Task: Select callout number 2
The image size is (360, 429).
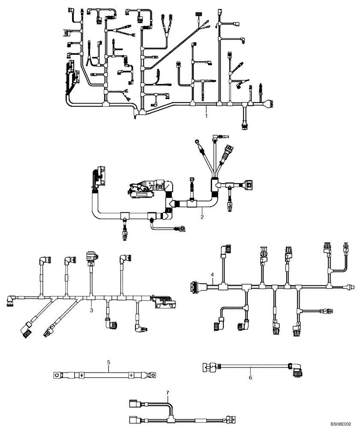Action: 202,217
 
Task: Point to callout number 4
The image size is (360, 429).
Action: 212,275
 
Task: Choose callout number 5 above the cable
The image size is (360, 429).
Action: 109,363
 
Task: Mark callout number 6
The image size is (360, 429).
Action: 250,378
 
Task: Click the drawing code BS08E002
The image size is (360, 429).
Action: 341,422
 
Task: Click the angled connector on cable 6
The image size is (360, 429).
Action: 296,369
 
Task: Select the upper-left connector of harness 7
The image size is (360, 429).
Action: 134,403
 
